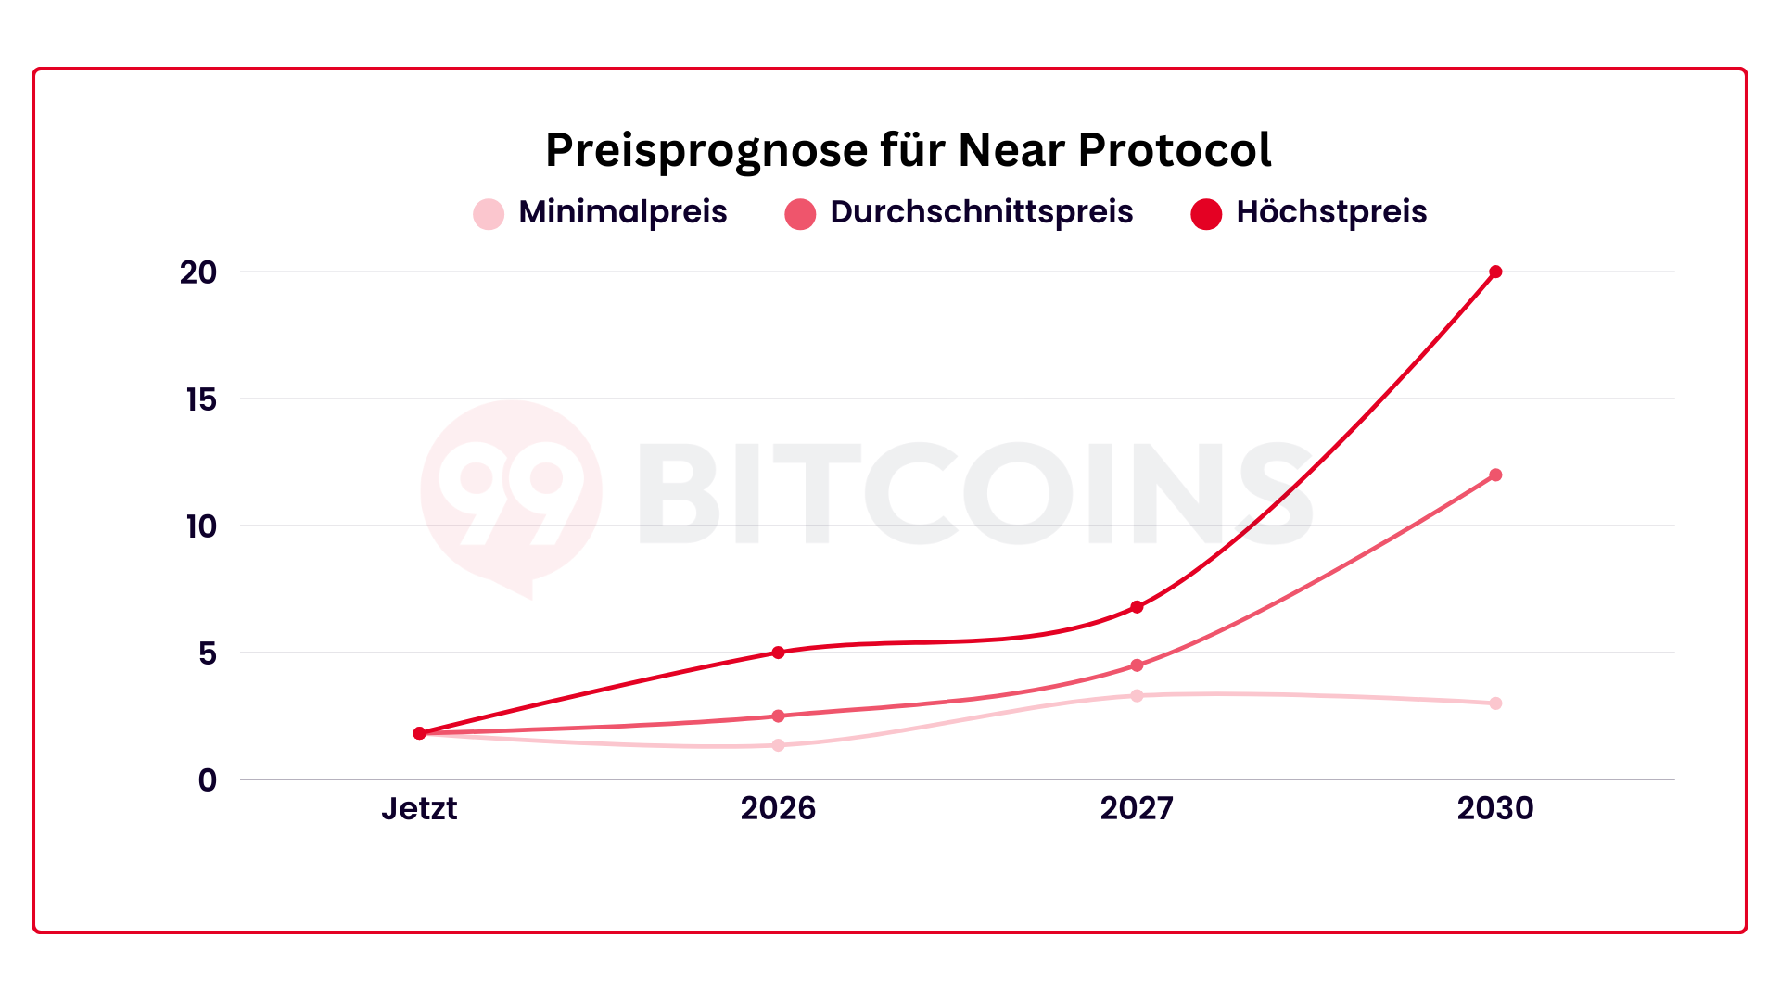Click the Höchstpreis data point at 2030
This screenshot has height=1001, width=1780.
(x=1495, y=272)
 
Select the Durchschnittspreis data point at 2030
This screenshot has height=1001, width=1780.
(x=1495, y=475)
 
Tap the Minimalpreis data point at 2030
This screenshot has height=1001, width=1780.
(x=1495, y=703)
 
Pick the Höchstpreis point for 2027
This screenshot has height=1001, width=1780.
(x=1137, y=607)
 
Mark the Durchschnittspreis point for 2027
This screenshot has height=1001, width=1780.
(x=1137, y=665)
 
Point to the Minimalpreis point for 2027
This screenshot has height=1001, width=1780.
(x=1137, y=695)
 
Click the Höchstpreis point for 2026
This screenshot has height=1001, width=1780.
(x=778, y=653)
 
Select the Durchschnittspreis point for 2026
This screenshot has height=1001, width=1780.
(x=778, y=716)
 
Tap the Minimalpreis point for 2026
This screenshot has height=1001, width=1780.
(x=778, y=745)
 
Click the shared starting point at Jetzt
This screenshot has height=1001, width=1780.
(x=419, y=733)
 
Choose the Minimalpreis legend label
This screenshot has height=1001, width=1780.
(x=622, y=212)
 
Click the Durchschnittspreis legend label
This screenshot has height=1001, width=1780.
(x=981, y=212)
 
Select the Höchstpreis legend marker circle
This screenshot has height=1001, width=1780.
(x=1206, y=214)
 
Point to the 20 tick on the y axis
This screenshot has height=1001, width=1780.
(x=198, y=272)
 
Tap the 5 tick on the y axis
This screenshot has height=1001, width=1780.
(x=207, y=653)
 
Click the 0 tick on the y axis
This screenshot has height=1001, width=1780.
(x=207, y=780)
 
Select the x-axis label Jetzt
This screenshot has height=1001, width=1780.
(x=419, y=808)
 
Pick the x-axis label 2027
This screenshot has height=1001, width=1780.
(x=1137, y=808)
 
